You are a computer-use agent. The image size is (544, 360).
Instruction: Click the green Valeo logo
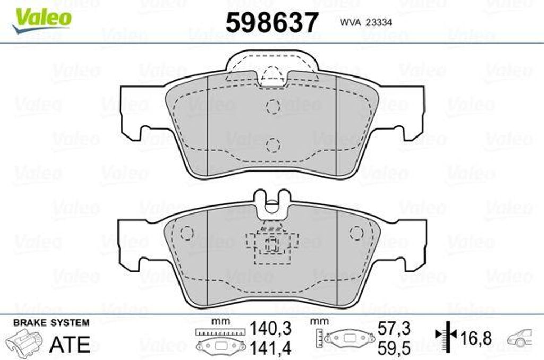41,21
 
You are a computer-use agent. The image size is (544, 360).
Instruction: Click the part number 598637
271,22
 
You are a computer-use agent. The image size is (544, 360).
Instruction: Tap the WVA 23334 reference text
365,22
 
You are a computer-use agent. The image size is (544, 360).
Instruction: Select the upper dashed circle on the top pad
273,106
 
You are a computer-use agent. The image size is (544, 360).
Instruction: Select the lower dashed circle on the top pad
273,145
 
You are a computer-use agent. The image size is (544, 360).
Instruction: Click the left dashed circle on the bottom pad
187,233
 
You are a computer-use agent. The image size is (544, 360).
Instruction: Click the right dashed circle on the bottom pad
356,233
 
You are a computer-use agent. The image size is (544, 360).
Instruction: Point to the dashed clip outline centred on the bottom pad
272,244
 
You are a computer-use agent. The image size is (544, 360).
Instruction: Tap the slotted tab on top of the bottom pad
273,204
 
